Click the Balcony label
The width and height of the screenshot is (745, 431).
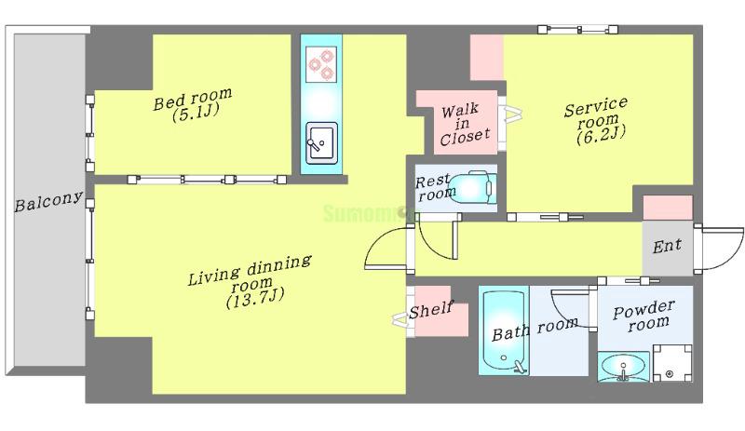click(48, 201)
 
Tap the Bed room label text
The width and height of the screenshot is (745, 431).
click(193, 99)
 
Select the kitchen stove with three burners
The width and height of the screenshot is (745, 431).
click(321, 63)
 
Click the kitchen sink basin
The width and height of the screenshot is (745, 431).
click(321, 143)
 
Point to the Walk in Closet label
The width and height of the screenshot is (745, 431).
click(464, 125)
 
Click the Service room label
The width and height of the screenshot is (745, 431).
click(596, 114)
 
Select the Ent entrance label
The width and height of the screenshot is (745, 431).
click(667, 246)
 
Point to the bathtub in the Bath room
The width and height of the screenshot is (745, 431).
click(504, 330)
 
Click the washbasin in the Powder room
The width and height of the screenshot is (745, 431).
click(623, 367)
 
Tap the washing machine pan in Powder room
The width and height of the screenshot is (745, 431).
click(672, 362)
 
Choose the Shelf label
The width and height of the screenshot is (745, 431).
click(431, 310)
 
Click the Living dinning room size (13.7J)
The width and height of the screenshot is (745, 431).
click(255, 299)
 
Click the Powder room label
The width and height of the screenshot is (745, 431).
click(643, 315)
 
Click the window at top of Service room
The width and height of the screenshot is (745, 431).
click(577, 30)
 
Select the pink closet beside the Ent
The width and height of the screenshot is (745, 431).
click(668, 208)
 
